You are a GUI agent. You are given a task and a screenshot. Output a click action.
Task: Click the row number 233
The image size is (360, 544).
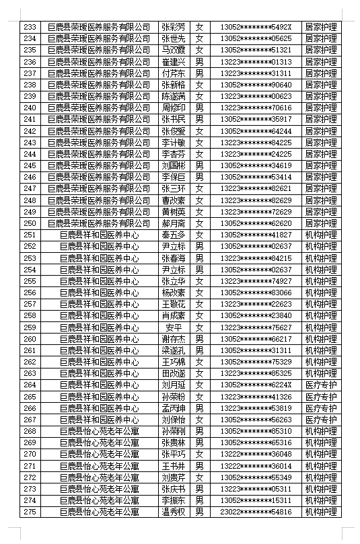(x=30, y=27)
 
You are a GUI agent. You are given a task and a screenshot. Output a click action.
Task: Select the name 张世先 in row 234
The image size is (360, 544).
(x=173, y=38)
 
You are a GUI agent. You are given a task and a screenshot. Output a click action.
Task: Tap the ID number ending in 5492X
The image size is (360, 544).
(x=256, y=27)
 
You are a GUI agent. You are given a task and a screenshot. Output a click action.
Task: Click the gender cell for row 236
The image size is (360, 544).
(x=199, y=62)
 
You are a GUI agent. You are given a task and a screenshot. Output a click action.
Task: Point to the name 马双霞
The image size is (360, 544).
(x=173, y=50)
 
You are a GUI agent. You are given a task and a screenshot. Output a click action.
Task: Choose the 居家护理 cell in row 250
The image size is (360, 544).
(x=320, y=223)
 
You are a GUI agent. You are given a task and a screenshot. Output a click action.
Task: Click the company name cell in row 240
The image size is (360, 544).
(x=100, y=108)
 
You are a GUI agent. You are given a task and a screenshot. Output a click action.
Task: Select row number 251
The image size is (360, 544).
(x=30, y=235)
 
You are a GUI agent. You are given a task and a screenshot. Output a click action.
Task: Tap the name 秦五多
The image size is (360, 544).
(x=173, y=235)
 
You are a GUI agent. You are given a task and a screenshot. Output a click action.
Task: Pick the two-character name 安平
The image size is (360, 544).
(x=173, y=327)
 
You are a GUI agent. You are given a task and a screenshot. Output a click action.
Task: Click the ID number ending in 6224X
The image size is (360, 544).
(x=256, y=385)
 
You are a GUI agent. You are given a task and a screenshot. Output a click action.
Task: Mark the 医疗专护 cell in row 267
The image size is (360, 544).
(x=320, y=420)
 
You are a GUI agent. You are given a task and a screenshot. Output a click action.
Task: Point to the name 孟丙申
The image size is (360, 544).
(x=173, y=408)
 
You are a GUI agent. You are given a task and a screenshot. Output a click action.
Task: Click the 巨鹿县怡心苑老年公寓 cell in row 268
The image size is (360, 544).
(x=100, y=431)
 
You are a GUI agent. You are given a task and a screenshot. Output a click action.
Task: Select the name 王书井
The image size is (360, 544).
(x=173, y=466)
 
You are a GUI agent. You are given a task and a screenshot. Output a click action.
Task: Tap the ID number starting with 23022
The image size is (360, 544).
(x=256, y=512)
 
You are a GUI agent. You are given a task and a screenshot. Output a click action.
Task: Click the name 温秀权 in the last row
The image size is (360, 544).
(x=173, y=512)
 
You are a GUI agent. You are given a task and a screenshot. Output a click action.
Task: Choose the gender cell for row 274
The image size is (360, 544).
(x=199, y=500)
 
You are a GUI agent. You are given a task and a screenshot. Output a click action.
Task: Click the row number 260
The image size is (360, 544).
(x=30, y=339)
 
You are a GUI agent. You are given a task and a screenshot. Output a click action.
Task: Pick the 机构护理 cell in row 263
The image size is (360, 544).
(x=320, y=373)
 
